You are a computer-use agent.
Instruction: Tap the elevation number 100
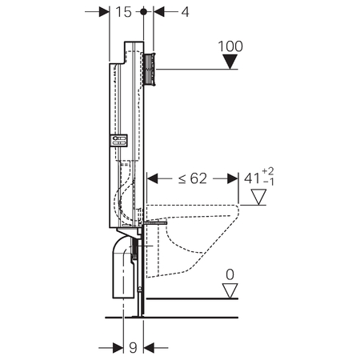point(231,46)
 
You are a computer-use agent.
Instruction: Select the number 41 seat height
point(251,178)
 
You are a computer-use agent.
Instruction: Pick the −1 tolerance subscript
point(269,184)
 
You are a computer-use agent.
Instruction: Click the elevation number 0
point(230,274)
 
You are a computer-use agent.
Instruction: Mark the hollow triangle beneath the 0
point(230,290)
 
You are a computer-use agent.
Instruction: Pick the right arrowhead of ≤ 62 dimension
point(234,178)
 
